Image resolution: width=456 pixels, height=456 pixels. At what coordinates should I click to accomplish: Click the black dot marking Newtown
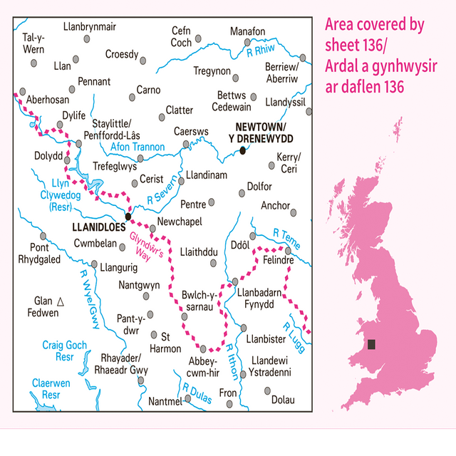tap(243, 150)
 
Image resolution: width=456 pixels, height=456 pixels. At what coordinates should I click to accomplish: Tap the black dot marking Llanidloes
tap(128, 216)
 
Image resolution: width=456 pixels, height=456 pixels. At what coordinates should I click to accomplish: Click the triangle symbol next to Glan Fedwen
tap(61, 301)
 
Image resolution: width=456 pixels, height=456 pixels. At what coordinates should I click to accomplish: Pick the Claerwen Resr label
tap(51, 388)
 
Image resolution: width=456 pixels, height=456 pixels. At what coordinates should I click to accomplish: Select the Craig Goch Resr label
tap(64, 351)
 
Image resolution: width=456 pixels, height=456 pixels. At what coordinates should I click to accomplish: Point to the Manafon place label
tap(248, 31)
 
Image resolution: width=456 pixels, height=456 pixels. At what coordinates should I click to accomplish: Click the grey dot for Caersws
tap(186, 144)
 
